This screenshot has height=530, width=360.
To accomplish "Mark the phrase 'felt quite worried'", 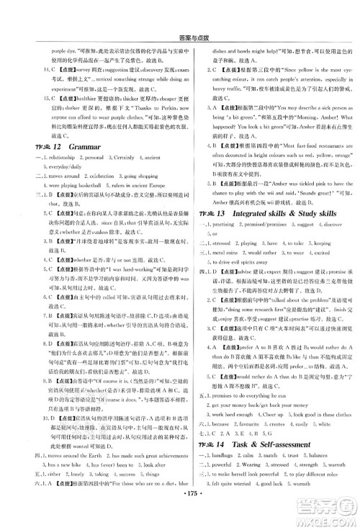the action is coord(229,504).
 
